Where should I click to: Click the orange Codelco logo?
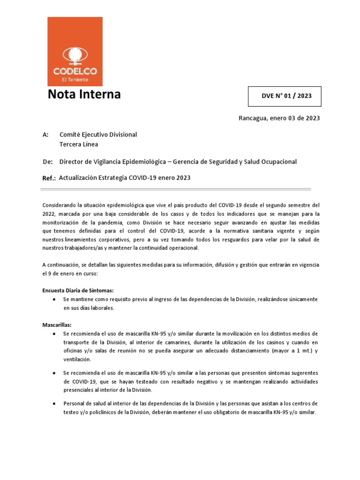point(75,52)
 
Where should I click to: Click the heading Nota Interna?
point(84,94)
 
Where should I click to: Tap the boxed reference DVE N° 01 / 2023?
point(285,97)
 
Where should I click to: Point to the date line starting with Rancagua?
point(279,118)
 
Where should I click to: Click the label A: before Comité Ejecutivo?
point(45,135)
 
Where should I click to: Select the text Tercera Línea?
point(79,144)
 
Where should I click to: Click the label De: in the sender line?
point(46,162)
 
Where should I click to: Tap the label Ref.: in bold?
point(49,178)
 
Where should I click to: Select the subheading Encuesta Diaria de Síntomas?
point(78,290)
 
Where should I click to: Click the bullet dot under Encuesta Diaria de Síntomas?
point(55,299)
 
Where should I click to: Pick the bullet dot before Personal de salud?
point(55,404)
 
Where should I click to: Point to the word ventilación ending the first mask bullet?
point(77,359)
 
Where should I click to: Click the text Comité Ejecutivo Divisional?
point(98,135)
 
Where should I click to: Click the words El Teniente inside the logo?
point(75,80)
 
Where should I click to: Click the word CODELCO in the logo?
point(75,72)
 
